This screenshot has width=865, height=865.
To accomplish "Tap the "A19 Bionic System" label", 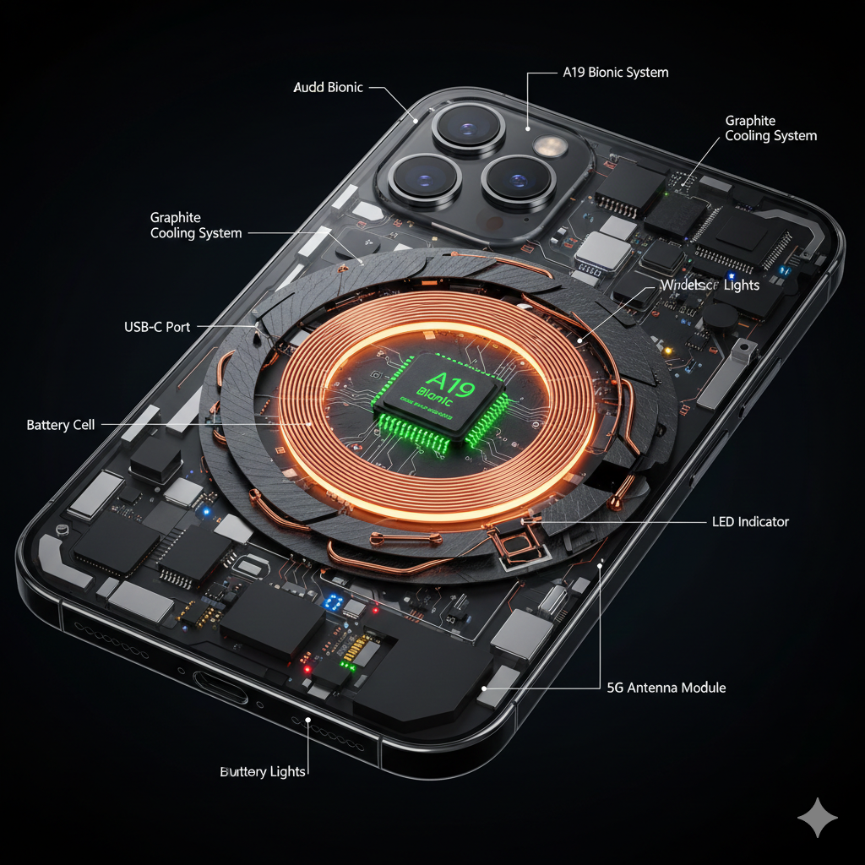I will [x=615, y=73].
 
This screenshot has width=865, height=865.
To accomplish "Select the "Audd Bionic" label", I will [x=328, y=87].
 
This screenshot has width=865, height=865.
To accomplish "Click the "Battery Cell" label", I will [x=61, y=425].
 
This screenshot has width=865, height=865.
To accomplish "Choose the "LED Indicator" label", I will [x=750, y=522].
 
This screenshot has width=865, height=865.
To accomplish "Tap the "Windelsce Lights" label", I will [x=710, y=286].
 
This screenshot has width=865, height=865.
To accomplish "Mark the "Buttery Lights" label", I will [x=263, y=772].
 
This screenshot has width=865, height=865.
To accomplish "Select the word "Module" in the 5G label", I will [x=705, y=688].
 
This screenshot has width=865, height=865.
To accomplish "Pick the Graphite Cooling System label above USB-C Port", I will [x=196, y=226].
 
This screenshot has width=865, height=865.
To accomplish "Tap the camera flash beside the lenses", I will [x=550, y=146].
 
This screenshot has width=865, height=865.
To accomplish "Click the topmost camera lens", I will [x=468, y=129].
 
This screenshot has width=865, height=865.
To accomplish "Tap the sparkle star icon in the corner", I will [x=818, y=818].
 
